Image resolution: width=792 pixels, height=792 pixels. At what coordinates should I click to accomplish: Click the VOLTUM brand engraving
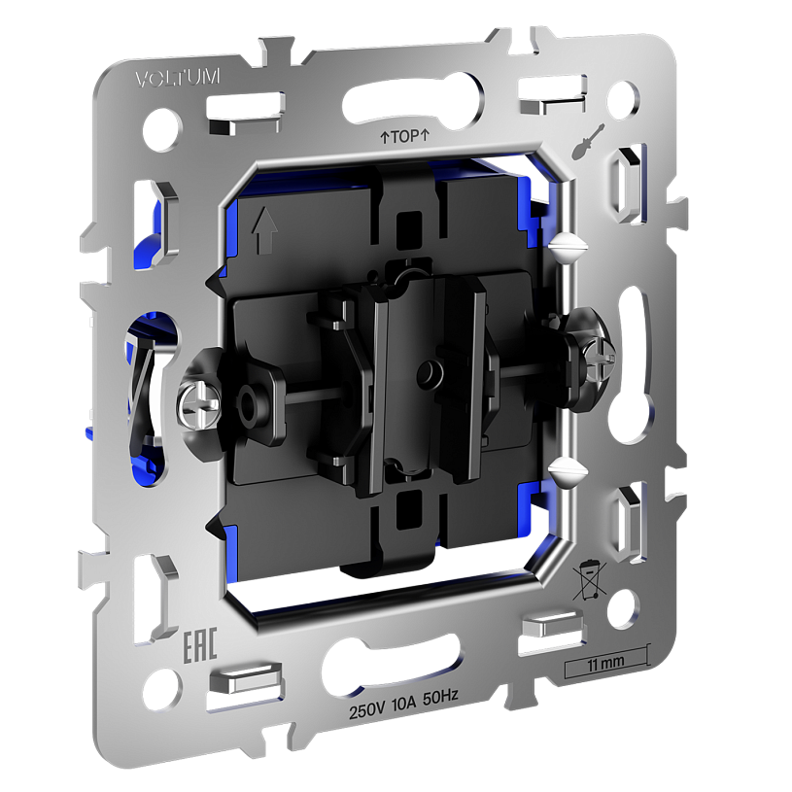point(177,78)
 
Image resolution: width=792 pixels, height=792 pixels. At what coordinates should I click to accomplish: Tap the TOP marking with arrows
point(404,136)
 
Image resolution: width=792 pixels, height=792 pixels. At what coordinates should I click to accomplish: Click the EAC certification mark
point(199,644)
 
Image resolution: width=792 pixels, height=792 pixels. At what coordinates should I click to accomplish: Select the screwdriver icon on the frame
point(588,142)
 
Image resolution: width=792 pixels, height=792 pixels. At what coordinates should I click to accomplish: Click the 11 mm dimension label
point(605,663)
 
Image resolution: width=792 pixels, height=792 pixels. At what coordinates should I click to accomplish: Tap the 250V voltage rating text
point(366,711)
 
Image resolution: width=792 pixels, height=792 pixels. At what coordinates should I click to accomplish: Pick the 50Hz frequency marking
point(440,698)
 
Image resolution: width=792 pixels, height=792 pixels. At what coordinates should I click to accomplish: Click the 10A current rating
point(403,705)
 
